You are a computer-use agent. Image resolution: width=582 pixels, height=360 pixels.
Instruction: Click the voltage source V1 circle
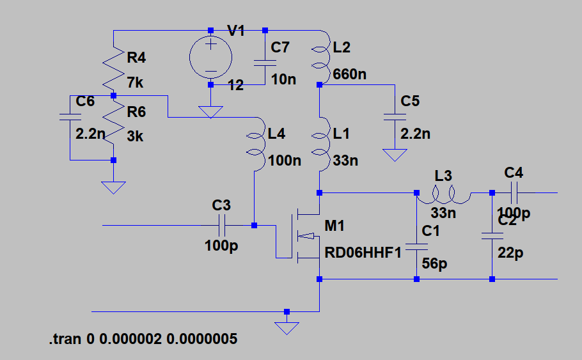(210, 57)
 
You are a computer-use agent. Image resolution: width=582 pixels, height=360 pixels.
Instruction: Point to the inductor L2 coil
(320, 57)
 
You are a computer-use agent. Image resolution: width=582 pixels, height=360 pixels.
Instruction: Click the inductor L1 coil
(320, 144)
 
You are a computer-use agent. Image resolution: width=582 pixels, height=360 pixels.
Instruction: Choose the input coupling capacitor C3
(221, 225)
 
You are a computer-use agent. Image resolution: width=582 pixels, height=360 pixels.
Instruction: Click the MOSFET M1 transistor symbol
(298, 236)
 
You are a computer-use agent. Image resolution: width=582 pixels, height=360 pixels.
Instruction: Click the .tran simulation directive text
(143, 339)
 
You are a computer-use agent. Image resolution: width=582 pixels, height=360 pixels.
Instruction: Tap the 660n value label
(350, 75)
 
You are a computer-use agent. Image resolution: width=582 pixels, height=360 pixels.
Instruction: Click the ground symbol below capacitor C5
(395, 155)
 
